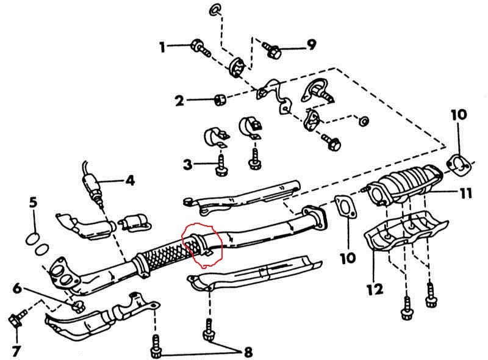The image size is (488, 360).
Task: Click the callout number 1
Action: click(162, 48)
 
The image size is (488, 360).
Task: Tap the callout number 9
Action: click(311, 45)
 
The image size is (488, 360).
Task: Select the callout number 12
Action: click(375, 290)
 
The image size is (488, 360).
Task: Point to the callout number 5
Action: click(34, 203)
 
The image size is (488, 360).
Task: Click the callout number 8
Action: click(248, 352)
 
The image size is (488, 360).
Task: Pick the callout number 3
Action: click(187, 164)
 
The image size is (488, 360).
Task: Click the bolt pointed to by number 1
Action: click(201, 50)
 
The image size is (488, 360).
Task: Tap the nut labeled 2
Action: click(220, 100)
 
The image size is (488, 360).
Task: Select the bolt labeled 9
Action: click(271, 50)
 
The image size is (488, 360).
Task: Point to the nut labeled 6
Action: click(79, 306)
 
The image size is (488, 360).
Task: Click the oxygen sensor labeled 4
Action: click(93, 189)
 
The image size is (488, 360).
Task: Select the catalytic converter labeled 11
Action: click(404, 183)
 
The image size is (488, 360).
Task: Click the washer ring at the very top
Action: click(215, 9)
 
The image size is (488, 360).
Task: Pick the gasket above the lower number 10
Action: click(345, 206)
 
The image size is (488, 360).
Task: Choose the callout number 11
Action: click(465, 193)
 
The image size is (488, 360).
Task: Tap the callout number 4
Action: click(130, 181)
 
